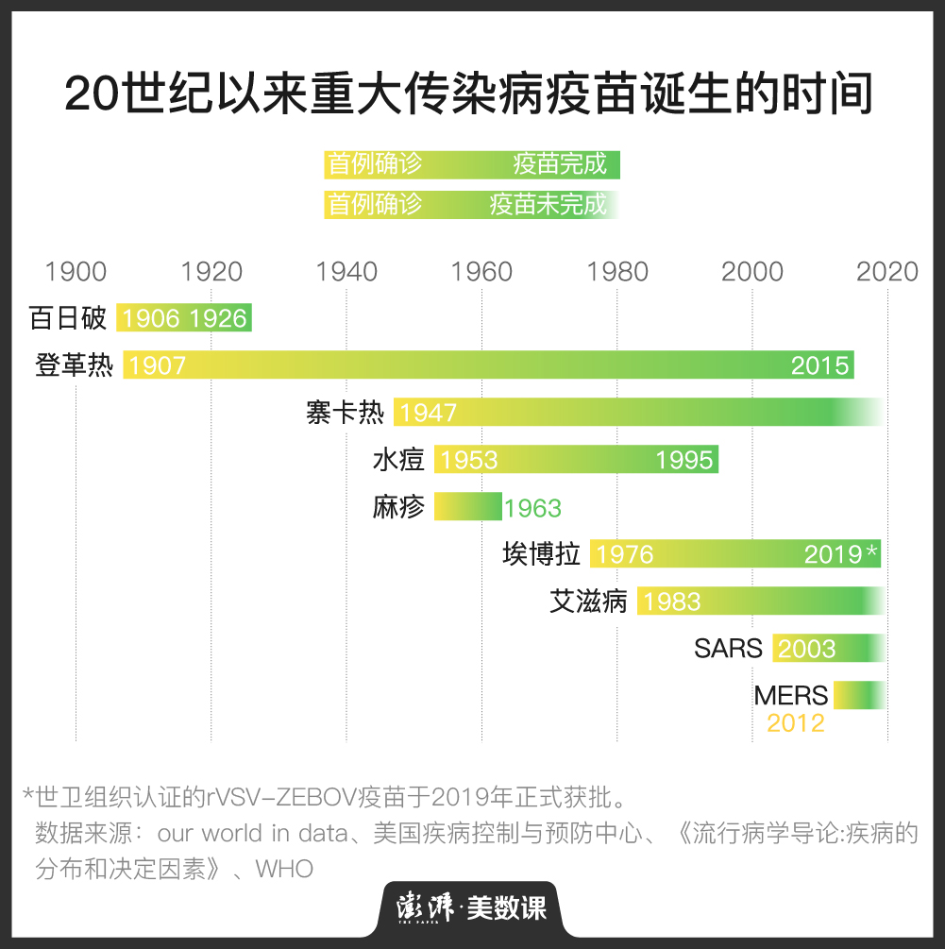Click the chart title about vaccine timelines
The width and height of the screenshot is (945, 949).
click(468, 96)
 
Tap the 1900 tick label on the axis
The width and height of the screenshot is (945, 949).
click(76, 272)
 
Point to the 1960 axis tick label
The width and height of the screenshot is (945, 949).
click(481, 272)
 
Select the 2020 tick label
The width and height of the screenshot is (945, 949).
click(886, 272)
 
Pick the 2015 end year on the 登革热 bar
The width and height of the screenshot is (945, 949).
click(819, 365)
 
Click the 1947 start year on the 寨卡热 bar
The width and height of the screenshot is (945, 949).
click(428, 413)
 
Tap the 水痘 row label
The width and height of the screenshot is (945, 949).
click(398, 460)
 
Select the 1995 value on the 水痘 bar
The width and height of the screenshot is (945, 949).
click(683, 460)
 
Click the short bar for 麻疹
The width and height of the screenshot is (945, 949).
click(467, 506)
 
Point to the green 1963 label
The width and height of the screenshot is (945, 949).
click(532, 508)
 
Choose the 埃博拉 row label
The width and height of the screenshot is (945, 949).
click(541, 554)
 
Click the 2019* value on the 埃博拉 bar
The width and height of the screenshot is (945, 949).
click(841, 554)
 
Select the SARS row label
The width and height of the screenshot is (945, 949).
click(728, 649)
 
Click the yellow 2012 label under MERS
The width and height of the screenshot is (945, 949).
click(795, 723)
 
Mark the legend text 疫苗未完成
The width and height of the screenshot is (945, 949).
click(548, 204)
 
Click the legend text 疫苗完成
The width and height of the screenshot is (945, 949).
click(560, 164)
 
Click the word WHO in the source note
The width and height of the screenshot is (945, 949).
click(284, 868)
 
